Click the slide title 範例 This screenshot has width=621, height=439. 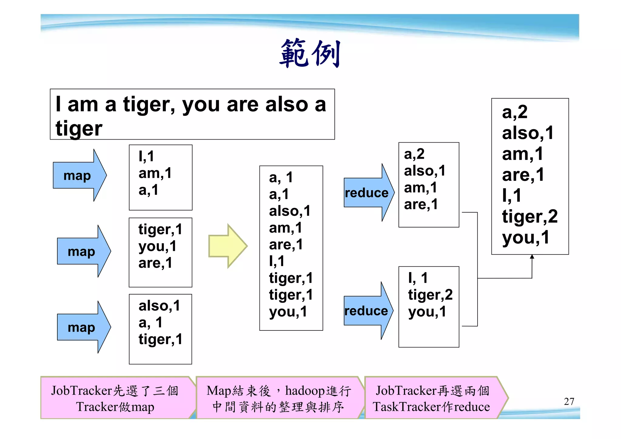[310, 54]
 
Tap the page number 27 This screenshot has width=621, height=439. [569, 401]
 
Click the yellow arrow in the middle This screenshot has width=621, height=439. [227, 246]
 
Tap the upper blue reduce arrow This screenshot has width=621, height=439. [368, 193]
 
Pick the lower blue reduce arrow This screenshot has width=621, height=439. [368, 311]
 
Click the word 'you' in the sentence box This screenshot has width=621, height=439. [200, 105]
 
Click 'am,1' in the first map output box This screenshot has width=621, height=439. [155, 173]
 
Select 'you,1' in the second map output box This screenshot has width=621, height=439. [157, 246]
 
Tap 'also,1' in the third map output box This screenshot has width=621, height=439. [159, 306]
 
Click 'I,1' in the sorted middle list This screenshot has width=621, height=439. [277, 261]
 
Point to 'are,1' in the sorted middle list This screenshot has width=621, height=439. [286, 244]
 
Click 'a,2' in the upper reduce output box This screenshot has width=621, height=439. [414, 154]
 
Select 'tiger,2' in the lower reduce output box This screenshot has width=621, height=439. [430, 295]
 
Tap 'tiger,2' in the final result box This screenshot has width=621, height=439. [529, 216]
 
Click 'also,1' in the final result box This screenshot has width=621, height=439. [528, 133]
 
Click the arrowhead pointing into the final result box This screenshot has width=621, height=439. [532, 257]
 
